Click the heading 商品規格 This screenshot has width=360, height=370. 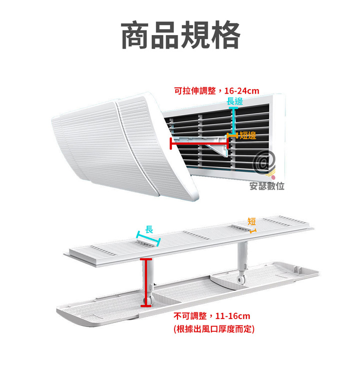180,35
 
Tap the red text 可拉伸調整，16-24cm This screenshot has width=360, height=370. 216,91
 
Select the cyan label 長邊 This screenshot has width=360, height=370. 234,102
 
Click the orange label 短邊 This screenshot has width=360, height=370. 247,136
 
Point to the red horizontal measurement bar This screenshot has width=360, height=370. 199,143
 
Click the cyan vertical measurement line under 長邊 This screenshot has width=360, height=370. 233,121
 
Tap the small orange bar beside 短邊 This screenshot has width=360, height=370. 232,136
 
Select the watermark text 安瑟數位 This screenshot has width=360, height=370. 266,186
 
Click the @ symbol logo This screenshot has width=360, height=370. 264,162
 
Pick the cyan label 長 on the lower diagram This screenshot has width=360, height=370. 149,229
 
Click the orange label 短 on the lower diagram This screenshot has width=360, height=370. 251,221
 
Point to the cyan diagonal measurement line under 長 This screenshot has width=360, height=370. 148,239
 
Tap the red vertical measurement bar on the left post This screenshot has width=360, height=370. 146,282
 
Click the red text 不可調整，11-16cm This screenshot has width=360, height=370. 212,316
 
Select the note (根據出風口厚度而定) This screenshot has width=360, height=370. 214,329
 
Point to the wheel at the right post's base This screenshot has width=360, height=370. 240,279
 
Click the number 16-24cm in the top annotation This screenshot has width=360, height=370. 241,91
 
